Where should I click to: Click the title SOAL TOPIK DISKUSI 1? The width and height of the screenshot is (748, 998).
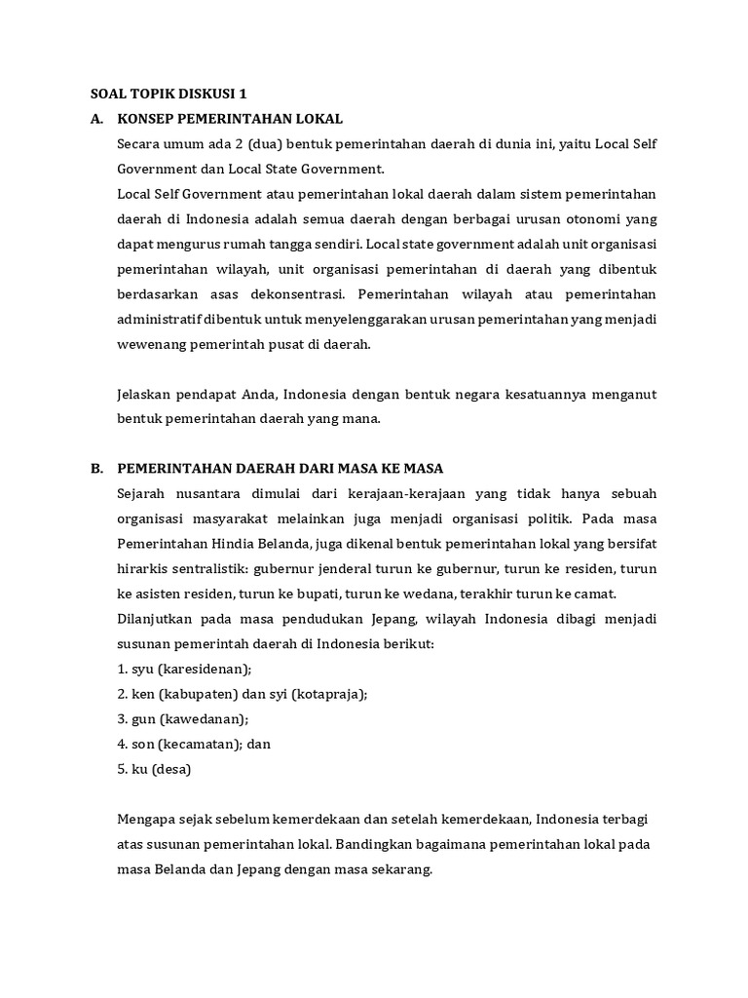168,95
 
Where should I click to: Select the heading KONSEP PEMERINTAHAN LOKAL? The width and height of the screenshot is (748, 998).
230,119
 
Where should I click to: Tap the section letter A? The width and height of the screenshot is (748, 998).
96,119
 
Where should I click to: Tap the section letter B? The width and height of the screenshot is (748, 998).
96,469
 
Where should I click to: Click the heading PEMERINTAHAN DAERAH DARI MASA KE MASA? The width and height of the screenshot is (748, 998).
280,469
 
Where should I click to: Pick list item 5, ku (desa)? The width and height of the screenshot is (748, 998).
154,769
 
